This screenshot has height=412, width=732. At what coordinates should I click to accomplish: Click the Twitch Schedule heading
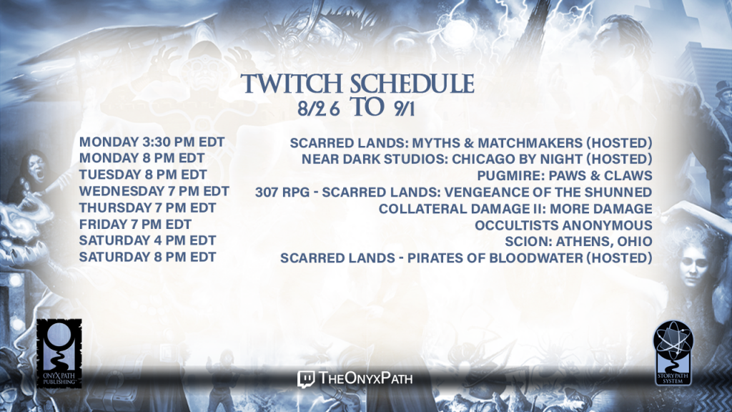coord(357,84)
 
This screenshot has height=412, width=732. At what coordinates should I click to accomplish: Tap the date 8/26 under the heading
coord(319,109)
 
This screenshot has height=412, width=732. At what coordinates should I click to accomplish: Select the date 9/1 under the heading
coord(405,109)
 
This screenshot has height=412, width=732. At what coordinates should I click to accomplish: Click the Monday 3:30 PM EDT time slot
coord(152,142)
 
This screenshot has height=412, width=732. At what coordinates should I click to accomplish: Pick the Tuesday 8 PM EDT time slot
coord(143,175)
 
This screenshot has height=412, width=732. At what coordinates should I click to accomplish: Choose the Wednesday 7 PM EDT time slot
coord(154,192)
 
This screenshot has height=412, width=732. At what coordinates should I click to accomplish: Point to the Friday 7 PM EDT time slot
coord(135,225)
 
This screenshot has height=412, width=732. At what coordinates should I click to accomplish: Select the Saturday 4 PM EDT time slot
coord(147,240)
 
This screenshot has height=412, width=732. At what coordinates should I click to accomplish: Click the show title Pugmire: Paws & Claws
coord(565,176)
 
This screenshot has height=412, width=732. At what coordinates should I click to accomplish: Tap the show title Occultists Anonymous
coord(563,225)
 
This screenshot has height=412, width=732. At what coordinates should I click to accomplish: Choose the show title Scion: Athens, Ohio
coord(578,242)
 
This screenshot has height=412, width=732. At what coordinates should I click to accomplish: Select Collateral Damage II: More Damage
coord(515,209)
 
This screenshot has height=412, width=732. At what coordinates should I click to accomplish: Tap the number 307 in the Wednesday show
coord(267,192)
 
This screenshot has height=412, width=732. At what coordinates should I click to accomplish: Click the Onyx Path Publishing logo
coord(59,353)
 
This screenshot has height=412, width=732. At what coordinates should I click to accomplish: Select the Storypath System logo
coord(673,353)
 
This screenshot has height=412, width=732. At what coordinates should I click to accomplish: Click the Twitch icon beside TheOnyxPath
coord(306,379)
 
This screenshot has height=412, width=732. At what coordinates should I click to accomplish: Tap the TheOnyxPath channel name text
coord(366,378)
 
